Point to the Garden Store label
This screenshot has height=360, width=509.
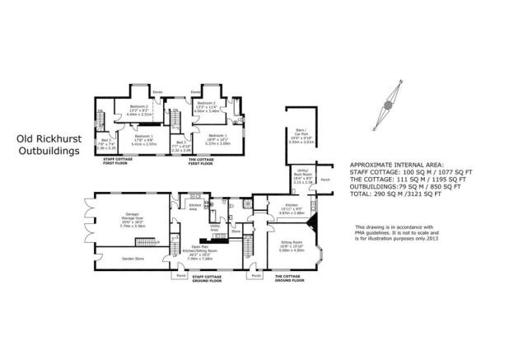click(x=120, y=255)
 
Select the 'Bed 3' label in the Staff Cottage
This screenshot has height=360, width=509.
click(x=107, y=143)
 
